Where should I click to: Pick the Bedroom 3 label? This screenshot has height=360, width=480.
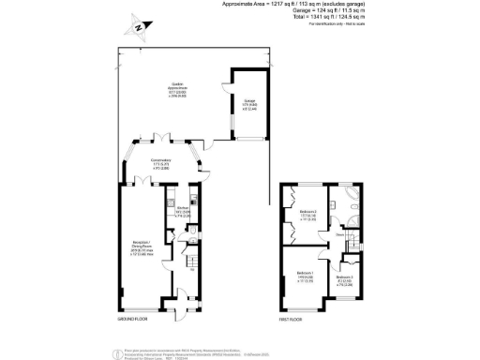345,278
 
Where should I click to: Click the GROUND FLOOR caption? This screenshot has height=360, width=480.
133,319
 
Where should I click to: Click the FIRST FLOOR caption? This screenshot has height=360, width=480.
290,319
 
